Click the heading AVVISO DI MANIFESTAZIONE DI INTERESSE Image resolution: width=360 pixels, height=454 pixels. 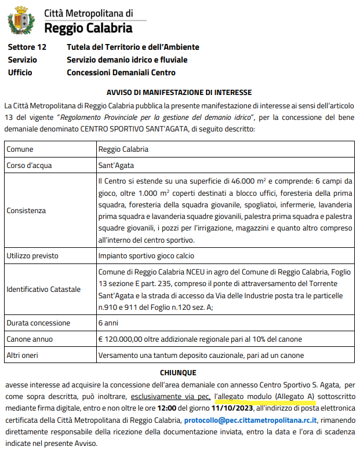(179, 93)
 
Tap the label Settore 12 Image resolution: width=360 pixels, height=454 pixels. (27, 47)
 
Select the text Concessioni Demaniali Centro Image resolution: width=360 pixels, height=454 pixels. (121, 72)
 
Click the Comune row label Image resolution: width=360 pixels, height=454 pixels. (20, 149)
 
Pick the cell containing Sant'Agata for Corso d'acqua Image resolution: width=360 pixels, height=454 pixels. (116, 165)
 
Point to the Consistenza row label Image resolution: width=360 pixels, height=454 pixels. (26, 211)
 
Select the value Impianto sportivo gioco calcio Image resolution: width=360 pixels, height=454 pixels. (146, 255)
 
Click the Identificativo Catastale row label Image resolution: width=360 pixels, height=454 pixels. (43, 289)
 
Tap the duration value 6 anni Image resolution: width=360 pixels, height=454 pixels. (108, 323)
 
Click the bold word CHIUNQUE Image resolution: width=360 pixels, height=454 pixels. (178, 373)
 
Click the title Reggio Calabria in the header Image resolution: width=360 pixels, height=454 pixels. (88, 27)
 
